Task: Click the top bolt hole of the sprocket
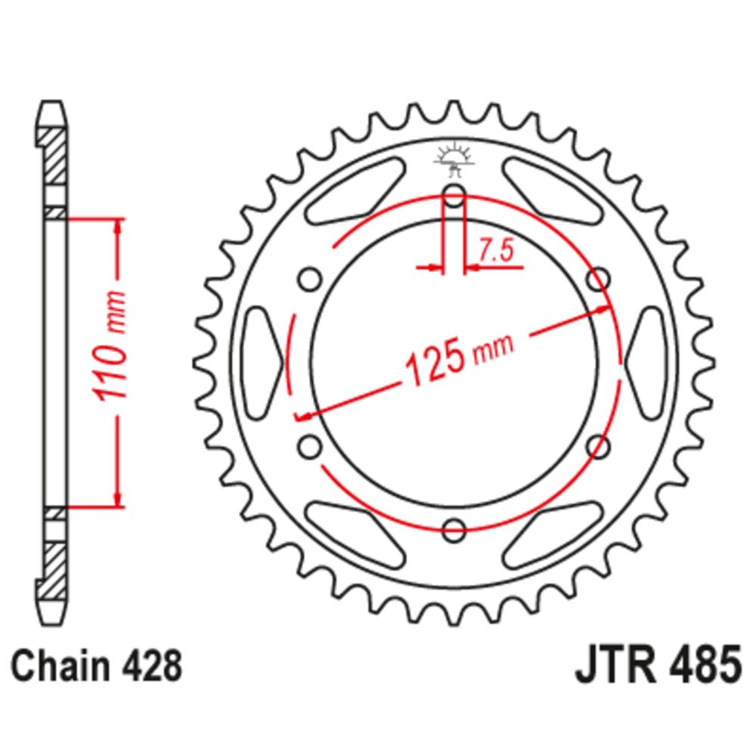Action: point(454,195)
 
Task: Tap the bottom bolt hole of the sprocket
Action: point(454,530)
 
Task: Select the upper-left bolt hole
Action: point(309,279)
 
